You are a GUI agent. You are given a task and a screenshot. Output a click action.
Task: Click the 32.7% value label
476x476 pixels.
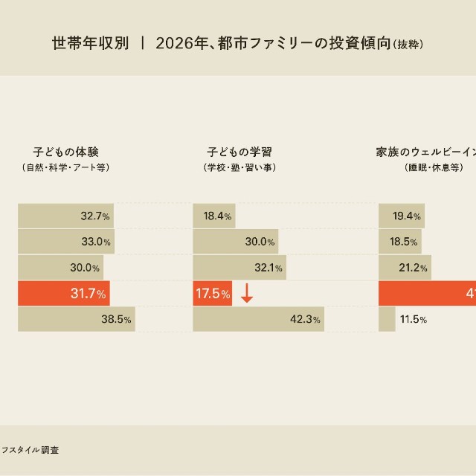(x=96, y=216)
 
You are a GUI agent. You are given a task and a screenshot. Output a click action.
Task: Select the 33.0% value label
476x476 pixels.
(x=96, y=242)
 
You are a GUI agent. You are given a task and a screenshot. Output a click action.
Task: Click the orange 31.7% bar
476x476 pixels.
(x=65, y=294)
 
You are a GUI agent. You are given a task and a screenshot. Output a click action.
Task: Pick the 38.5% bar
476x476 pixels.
(x=76, y=320)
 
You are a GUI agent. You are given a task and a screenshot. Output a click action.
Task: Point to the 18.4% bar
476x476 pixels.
(x=213, y=216)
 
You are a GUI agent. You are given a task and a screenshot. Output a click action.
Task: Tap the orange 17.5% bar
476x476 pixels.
(x=213, y=294)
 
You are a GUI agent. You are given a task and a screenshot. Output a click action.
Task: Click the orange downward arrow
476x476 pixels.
(x=247, y=294)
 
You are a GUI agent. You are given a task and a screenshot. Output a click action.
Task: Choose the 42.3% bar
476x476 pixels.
(x=258, y=320)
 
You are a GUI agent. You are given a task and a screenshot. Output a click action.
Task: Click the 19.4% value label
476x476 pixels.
(x=408, y=216)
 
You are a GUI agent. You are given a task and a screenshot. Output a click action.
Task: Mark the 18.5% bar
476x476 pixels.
(x=400, y=242)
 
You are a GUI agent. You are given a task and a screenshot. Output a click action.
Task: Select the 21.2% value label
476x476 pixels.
(x=414, y=268)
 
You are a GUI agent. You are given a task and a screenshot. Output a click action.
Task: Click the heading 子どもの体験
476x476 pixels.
(x=65, y=152)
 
